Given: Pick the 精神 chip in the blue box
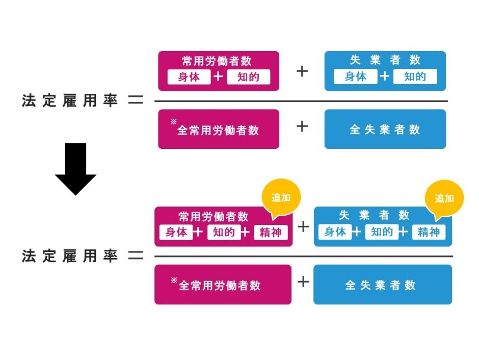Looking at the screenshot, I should point(429,232).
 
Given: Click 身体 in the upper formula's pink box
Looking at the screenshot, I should point(189,77).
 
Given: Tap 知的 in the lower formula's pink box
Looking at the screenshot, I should point(224,233).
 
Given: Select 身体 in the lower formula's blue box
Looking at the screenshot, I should point(335,232).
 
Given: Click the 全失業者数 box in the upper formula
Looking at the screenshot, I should point(385,130).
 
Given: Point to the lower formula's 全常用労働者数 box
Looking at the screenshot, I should point(223,285).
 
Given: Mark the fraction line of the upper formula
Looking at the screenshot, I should point(301,101).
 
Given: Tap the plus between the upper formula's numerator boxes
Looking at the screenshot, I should point(302,71).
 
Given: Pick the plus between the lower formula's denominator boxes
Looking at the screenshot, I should point(303,281).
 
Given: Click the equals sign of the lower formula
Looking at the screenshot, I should point(135,255).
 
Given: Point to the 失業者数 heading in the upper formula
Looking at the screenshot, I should point(385,60).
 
